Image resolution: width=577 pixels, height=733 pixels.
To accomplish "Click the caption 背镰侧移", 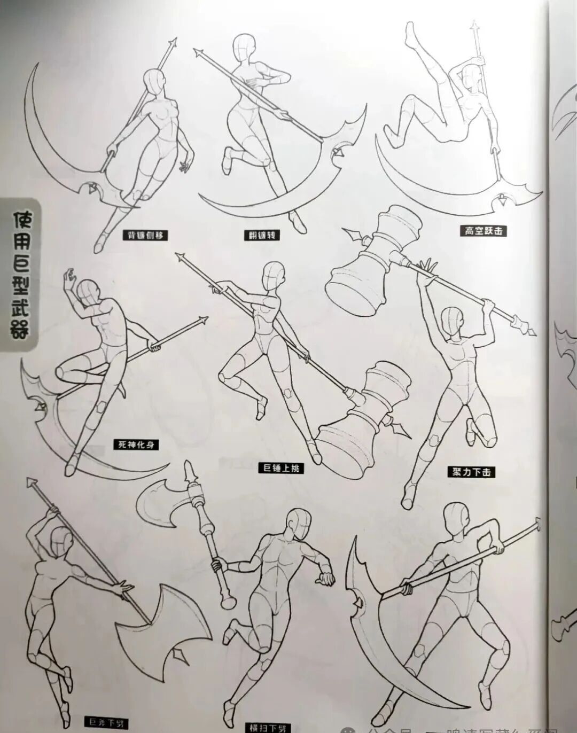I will (x=143, y=235).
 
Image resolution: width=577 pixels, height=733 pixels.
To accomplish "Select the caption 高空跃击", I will (x=483, y=231).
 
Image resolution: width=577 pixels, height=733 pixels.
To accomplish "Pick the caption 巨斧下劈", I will (x=106, y=723).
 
